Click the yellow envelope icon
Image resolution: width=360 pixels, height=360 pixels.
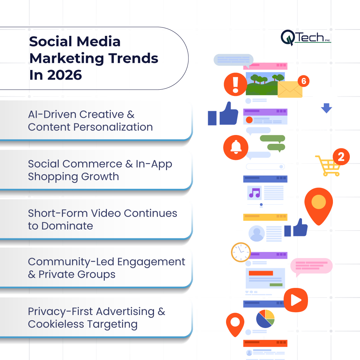290,89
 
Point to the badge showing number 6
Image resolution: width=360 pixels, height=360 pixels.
304,82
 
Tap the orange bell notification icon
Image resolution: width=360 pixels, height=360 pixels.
236,147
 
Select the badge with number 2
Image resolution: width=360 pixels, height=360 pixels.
341,156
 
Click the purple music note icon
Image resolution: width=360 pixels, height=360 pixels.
254,193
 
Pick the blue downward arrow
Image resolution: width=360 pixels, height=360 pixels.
326,108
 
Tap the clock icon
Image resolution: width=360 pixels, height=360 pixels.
241,252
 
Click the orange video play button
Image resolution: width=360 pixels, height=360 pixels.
296,300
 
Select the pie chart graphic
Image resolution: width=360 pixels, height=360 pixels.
265,319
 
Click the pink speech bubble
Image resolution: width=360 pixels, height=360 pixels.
311,266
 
